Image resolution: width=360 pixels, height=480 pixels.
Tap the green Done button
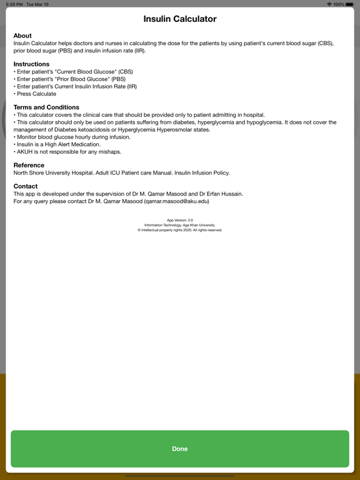[x=180, y=449]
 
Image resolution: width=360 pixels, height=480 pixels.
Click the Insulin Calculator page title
[x=180, y=19]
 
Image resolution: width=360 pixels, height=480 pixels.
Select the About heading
[x=22, y=36]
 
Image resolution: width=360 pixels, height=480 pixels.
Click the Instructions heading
[x=31, y=64]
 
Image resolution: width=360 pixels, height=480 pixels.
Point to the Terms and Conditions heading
[x=46, y=107]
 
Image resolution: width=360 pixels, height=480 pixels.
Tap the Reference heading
[x=29, y=166]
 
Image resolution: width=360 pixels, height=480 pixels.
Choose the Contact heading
[x=26, y=186]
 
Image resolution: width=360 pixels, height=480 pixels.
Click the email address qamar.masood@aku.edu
[x=177, y=201]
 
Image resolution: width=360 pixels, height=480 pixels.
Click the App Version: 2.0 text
[x=180, y=221]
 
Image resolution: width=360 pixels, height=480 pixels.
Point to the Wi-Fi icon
[x=329, y=4]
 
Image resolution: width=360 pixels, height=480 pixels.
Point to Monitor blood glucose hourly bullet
[x=72, y=137]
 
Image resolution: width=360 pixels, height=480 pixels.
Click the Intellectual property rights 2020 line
[x=180, y=230]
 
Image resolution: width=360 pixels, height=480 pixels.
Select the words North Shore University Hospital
[x=53, y=172]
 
